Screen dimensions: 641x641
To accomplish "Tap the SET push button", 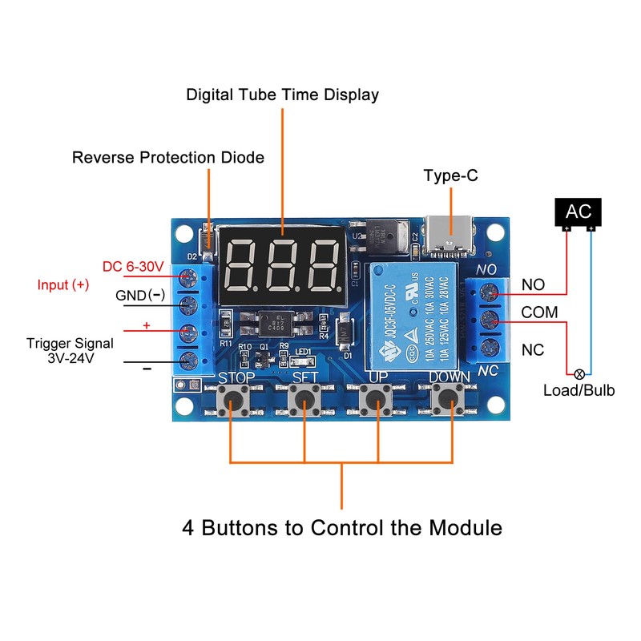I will tap(304, 397).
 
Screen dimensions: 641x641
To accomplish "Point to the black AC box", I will tap(579, 212).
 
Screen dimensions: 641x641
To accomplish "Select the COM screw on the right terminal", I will tap(492, 321).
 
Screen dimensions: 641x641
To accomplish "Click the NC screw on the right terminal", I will tap(492, 349).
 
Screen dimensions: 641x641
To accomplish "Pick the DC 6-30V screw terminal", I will tap(189, 278).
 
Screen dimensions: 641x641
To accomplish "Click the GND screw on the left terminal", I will tap(189, 304).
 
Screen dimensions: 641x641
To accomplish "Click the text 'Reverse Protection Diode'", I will tap(168, 158).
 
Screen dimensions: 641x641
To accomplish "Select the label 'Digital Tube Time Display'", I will tap(283, 95).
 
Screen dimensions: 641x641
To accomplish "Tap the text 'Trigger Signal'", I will tap(70, 343).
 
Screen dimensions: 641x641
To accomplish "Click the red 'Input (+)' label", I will tap(63, 284).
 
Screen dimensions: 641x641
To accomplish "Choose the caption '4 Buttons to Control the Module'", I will tap(342, 528).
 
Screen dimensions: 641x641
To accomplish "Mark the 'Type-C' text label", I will tap(451, 175).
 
